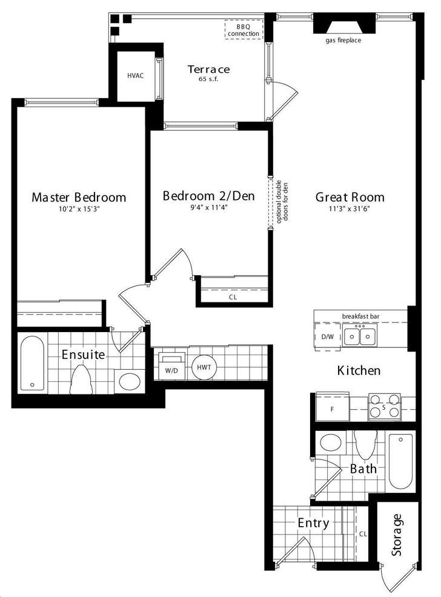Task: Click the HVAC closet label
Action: click(136, 75)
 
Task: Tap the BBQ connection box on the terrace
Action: click(244, 30)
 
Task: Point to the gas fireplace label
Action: click(343, 40)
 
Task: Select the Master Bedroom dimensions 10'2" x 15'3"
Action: click(79, 209)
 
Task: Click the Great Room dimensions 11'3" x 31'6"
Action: click(350, 208)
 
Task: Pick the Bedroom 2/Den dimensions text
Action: click(208, 207)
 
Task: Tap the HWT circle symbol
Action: click(204, 367)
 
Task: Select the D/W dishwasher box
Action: click(327, 336)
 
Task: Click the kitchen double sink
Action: click(360, 336)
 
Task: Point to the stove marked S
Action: click(384, 407)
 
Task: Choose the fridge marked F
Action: click(333, 407)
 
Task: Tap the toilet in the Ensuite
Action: click(81, 379)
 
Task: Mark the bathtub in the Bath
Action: click(400, 461)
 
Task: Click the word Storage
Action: click(397, 535)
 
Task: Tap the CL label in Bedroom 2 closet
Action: click(233, 297)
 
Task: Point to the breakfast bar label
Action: click(360, 316)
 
